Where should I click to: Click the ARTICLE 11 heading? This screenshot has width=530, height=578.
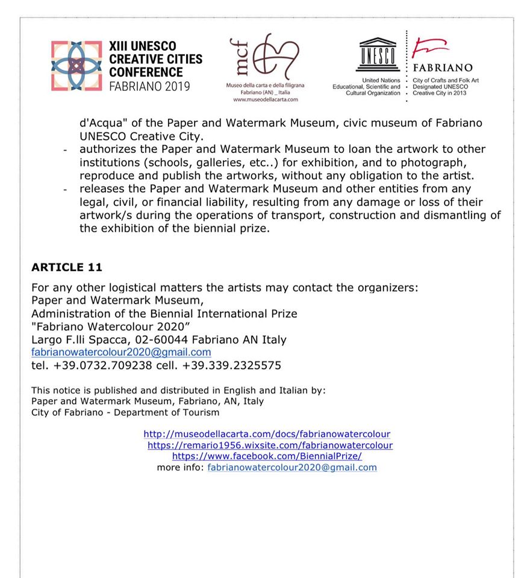(x=67, y=267)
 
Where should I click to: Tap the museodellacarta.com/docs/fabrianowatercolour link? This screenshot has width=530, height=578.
(x=267, y=433)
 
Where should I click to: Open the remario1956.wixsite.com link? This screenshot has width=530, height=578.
(x=270, y=445)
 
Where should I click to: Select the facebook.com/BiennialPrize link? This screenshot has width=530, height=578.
(x=267, y=456)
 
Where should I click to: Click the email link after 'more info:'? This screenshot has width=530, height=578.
(x=292, y=467)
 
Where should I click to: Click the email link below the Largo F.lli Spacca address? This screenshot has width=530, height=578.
(x=121, y=352)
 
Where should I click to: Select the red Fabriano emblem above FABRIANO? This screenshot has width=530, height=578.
(x=431, y=48)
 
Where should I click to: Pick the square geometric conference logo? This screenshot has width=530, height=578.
(x=76, y=66)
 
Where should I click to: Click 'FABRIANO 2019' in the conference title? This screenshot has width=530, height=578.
(x=149, y=86)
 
